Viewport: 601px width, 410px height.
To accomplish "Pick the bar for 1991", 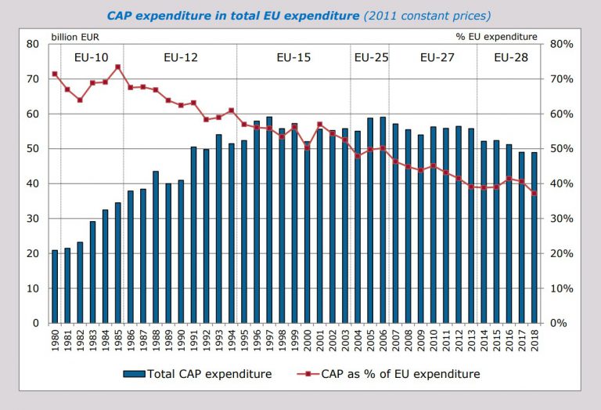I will [x=193, y=234].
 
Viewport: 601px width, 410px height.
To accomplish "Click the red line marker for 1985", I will [x=117, y=67].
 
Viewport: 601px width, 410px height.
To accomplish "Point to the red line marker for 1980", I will [x=55, y=74].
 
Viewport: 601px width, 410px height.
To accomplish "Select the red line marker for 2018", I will [x=534, y=193].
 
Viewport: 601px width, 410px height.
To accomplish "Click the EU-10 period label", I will [x=92, y=57].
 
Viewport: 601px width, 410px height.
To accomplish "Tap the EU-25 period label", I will [x=369, y=57].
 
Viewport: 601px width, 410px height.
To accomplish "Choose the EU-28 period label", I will [x=510, y=57].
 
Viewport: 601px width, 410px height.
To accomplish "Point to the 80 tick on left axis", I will [x=34, y=44].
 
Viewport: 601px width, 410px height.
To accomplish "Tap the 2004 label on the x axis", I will [x=358, y=340].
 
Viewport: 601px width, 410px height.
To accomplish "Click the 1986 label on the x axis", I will [x=131, y=340].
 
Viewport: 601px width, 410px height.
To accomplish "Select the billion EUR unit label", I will [x=76, y=36].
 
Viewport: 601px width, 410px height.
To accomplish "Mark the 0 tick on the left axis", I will [x=37, y=323].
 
